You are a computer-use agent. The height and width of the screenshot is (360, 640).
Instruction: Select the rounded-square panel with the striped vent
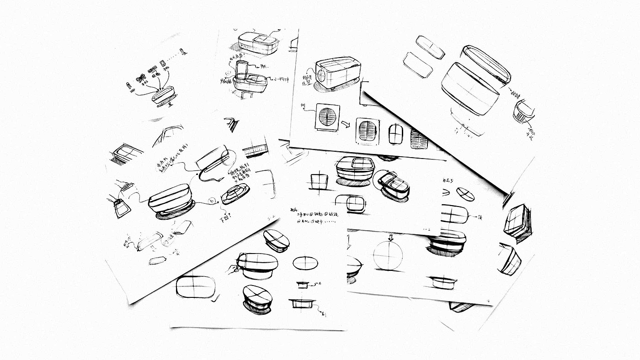[368, 132]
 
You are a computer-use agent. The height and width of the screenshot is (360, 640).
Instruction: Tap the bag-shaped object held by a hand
[121, 208]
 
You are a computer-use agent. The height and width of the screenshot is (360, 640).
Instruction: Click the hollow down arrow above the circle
[390, 238]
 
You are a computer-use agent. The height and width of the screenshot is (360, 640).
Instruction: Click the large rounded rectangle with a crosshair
[196, 287]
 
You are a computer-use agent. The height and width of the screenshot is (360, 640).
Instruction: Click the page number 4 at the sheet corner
[489, 302]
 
